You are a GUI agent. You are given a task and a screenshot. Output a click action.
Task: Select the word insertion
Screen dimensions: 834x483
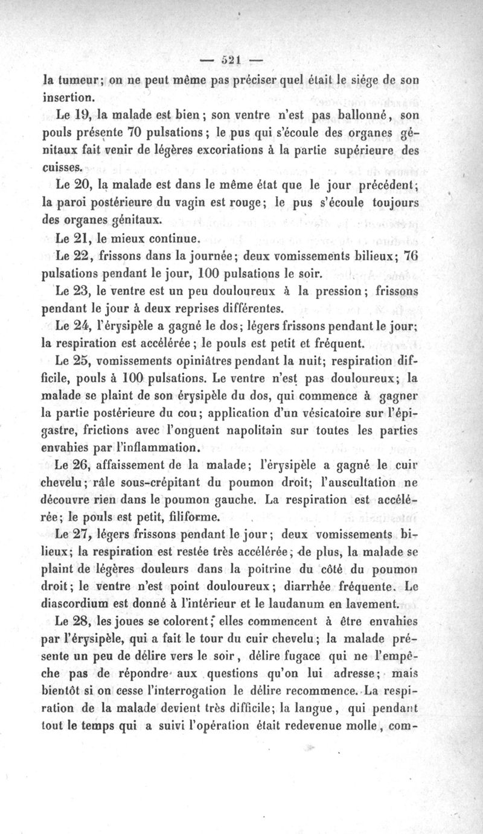pos(66,95)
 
